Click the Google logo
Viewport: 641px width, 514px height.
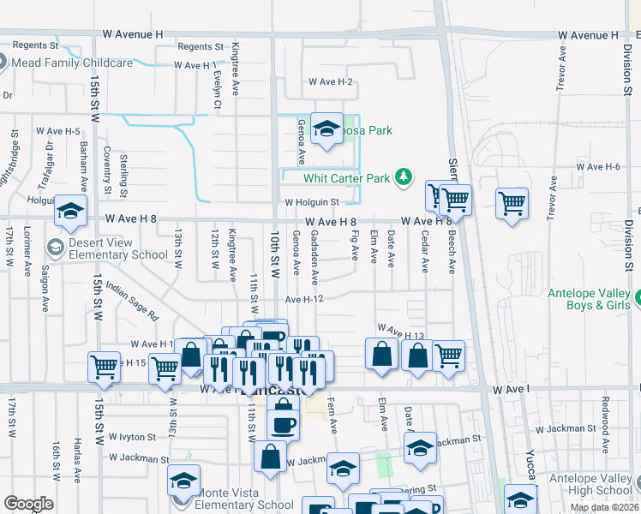(x=27, y=504)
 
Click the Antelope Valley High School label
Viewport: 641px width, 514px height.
(x=590, y=484)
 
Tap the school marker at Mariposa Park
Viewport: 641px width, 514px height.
(x=326, y=129)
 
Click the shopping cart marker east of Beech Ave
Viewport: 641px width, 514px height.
(x=512, y=204)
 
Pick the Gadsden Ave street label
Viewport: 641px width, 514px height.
(x=315, y=257)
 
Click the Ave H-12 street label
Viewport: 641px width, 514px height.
(x=304, y=300)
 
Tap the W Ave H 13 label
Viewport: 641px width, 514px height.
(x=401, y=329)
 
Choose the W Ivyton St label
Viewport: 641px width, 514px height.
(x=126, y=436)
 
